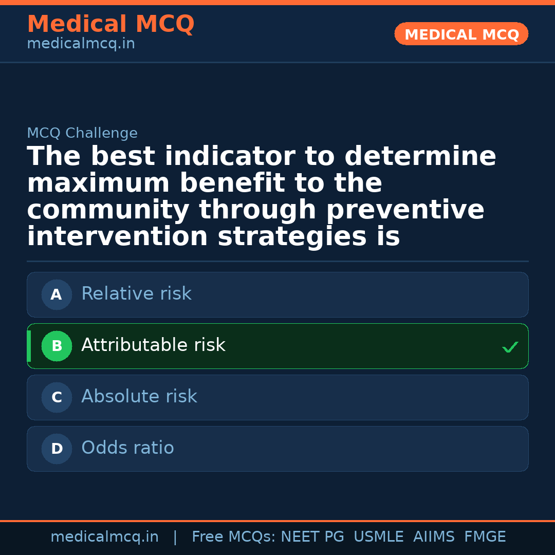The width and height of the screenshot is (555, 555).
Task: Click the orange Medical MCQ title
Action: [x=110, y=24]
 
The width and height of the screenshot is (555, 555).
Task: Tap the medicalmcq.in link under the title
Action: [x=81, y=44]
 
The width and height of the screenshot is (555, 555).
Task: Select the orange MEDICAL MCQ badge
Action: [x=461, y=34]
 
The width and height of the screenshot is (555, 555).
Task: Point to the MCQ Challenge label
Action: [x=82, y=134]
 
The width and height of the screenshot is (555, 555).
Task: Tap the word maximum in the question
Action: [x=98, y=184]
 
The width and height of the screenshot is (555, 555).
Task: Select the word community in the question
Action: [x=108, y=211]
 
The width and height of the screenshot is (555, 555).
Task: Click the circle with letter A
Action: [x=57, y=295]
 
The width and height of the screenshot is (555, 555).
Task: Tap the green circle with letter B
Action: [x=57, y=346]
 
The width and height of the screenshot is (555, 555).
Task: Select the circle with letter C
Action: [x=57, y=398]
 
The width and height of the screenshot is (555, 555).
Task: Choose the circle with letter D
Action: [x=57, y=449]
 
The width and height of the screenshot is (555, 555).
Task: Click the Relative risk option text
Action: [x=136, y=294]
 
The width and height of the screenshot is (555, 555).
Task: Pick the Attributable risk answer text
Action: [x=153, y=345]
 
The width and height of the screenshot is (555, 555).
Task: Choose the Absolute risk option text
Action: [x=139, y=397]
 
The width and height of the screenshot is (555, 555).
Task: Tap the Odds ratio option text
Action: [x=127, y=448]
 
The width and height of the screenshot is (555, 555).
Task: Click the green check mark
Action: [x=510, y=348]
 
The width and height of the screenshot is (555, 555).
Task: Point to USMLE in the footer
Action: [x=379, y=537]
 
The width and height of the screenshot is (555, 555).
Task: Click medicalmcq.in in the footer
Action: [x=104, y=537]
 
